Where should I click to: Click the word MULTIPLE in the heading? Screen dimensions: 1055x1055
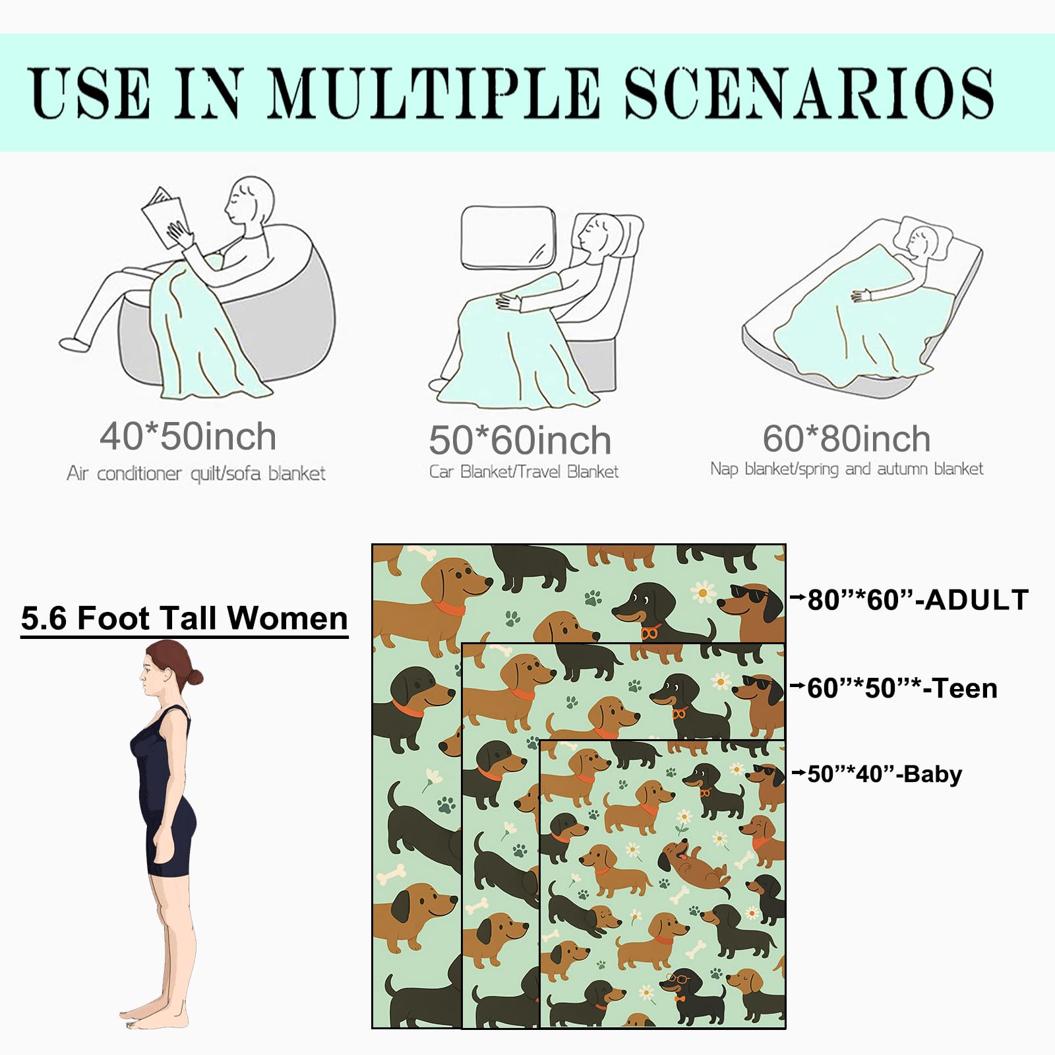pyautogui.click(x=434, y=93)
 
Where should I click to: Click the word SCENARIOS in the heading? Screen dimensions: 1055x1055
pyautogui.click(x=809, y=93)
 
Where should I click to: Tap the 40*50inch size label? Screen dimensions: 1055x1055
pyautogui.click(x=188, y=437)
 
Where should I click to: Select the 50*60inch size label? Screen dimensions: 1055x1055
pyautogui.click(x=520, y=440)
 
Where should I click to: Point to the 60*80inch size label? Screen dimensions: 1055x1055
pyautogui.click(x=847, y=438)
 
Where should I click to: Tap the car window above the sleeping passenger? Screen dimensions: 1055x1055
pyautogui.click(x=508, y=238)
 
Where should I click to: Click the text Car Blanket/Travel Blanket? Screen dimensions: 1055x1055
pyautogui.click(x=524, y=471)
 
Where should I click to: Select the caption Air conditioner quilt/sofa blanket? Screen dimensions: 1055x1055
pyautogui.click(x=196, y=473)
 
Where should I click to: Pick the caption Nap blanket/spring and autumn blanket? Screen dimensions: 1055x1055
pyautogui.click(x=847, y=469)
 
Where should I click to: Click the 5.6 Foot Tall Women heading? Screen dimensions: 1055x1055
pyautogui.click(x=184, y=618)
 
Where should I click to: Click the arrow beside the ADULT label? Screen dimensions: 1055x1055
pyautogui.click(x=798, y=598)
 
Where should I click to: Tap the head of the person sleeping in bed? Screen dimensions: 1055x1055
pyautogui.click(x=921, y=240)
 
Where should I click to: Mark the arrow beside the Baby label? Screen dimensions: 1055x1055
pyautogui.click(x=799, y=772)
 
